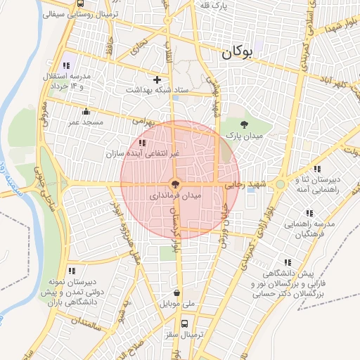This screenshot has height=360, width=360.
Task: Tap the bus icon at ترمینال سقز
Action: [x=184, y=324]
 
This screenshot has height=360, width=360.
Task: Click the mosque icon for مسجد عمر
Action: [x=86, y=111]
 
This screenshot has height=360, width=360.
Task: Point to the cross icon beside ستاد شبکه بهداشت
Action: [x=157, y=80]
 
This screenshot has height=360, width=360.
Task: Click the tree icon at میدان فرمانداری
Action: [x=176, y=184]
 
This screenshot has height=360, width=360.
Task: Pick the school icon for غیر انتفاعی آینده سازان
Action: [x=143, y=143]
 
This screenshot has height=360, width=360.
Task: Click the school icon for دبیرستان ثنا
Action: [x=317, y=169]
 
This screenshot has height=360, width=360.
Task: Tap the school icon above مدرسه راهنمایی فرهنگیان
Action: [x=309, y=213]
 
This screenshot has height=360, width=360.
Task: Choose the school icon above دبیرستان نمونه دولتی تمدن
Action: [x=70, y=270]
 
